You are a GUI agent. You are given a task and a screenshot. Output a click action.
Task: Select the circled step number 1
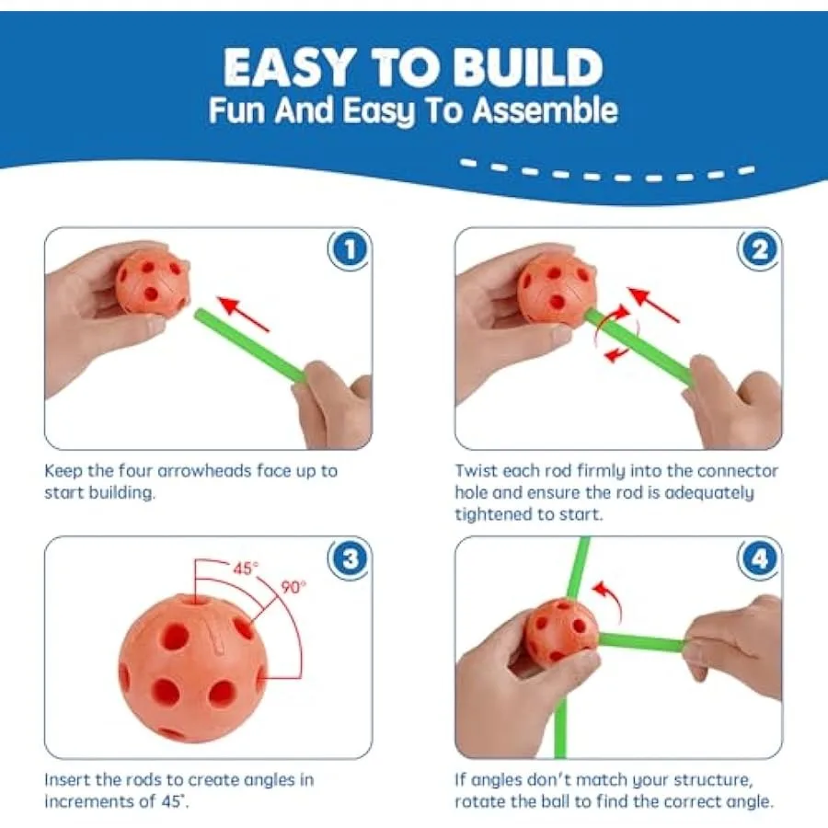coord(349,249)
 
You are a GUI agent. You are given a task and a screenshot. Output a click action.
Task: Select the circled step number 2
coord(759,249)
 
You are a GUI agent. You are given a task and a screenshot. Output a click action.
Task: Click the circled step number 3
coord(349,558)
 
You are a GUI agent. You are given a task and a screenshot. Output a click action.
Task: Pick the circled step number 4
coord(759,558)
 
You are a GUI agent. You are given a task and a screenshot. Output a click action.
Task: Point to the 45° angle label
coord(246,569)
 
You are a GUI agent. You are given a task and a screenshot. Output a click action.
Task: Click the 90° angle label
coord(293,587)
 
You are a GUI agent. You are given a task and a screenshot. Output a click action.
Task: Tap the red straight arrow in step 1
coord(244,315)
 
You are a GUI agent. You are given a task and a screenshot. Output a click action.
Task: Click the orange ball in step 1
coord(152,282)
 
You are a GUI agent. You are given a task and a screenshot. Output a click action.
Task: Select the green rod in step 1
coord(249,346)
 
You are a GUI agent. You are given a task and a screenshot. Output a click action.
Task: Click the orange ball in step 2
coord(557,288)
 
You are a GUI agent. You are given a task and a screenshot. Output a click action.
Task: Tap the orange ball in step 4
coord(561,630)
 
